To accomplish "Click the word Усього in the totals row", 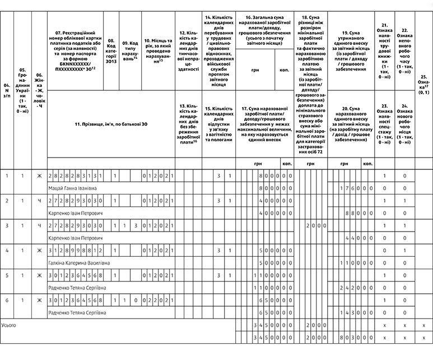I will click(10, 325).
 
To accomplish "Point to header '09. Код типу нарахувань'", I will click(130, 51).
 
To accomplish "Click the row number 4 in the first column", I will click(7, 251).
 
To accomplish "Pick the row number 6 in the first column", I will click(7, 300).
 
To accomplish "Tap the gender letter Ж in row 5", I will click(39, 275).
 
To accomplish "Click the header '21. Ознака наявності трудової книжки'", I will click(384, 51).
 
